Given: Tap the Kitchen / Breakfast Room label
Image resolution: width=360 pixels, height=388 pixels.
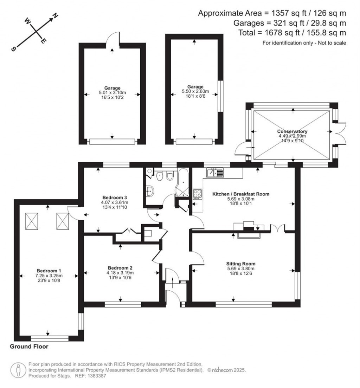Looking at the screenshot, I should pos(241,194).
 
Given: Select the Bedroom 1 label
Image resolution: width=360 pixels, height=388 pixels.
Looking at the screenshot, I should pos(49,271).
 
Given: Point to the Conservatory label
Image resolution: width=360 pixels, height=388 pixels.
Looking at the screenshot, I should pos(292,131).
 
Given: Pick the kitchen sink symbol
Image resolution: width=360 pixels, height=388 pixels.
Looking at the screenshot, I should pos(215,173).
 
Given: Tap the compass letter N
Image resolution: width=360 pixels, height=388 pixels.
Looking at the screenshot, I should pos(55,16).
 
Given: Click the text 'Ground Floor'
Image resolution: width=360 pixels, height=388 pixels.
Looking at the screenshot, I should pos(29,347).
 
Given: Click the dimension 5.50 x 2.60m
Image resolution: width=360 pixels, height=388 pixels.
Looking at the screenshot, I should pos(195,91).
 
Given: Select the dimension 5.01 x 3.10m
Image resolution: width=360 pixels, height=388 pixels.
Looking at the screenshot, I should pos(112,93).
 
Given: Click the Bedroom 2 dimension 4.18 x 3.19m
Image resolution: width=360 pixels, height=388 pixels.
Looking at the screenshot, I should pos(120,273).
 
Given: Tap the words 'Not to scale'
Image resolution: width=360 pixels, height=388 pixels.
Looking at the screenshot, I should pos(332,43).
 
